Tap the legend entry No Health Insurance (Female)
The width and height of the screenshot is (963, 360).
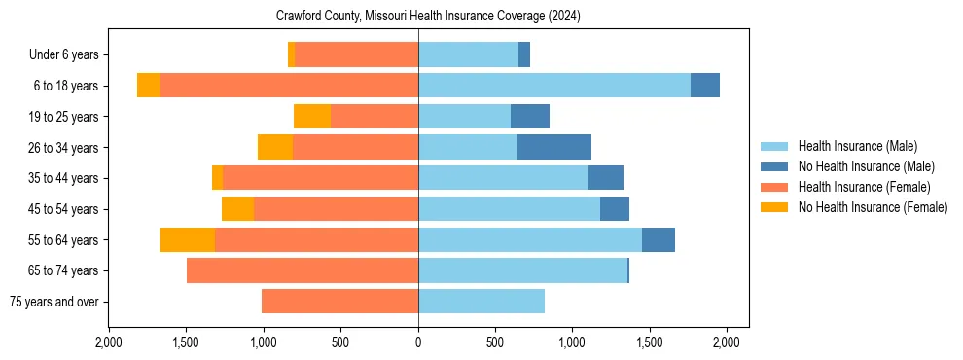(872, 207)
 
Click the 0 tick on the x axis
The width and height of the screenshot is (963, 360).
(418, 342)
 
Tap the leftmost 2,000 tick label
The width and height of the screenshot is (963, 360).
(109, 342)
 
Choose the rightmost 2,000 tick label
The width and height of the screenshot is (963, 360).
(727, 342)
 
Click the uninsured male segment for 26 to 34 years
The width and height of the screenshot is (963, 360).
(554, 147)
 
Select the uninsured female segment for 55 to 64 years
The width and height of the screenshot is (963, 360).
(187, 239)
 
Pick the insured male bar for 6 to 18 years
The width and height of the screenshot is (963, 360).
(554, 86)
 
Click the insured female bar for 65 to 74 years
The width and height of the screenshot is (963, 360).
(303, 270)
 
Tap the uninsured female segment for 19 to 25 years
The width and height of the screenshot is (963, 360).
(312, 117)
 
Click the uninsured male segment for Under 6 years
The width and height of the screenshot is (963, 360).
(524, 54)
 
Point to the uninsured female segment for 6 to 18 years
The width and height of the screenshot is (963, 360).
(148, 86)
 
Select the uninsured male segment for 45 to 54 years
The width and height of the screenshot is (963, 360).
(615, 209)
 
